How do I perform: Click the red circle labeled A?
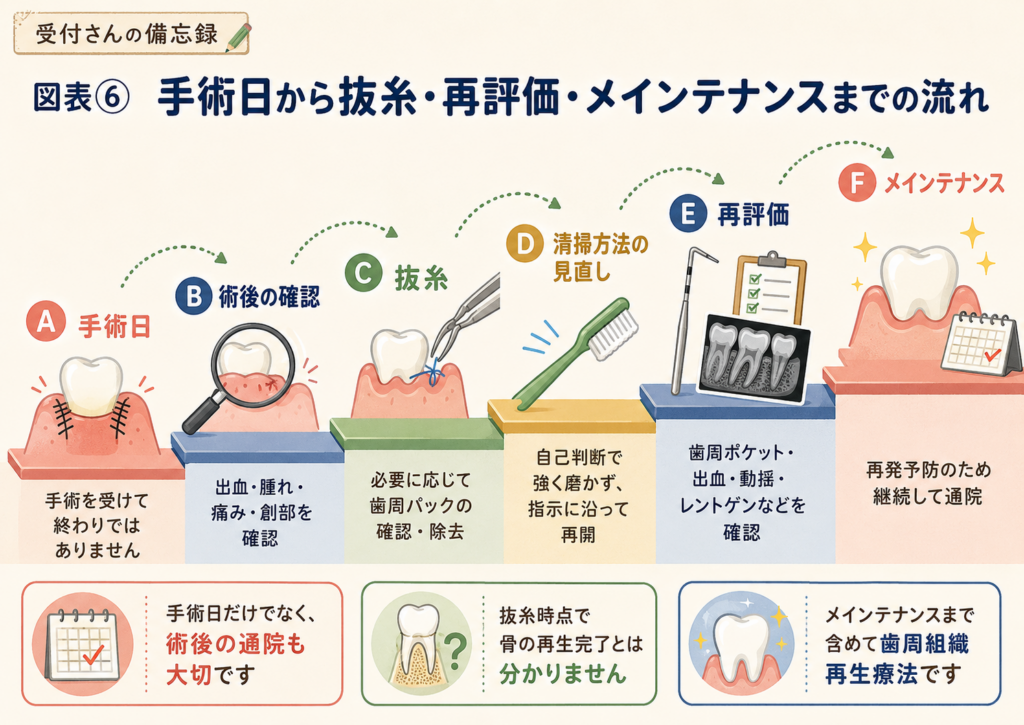tap(46, 322)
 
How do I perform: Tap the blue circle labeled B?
tap(194, 296)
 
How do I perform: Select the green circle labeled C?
tap(363, 272)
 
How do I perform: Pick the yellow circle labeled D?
tap(525, 244)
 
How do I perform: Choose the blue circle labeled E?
tap(688, 213)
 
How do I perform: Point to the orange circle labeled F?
tap(857, 181)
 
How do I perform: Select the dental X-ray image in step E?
tap(754, 357)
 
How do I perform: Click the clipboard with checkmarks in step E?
tap(771, 287)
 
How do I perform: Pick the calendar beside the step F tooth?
tap(980, 344)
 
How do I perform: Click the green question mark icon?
tap(456, 650)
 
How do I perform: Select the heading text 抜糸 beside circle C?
tap(421, 279)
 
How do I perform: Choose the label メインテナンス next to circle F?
tap(944, 184)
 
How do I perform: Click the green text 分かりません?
tap(563, 673)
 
